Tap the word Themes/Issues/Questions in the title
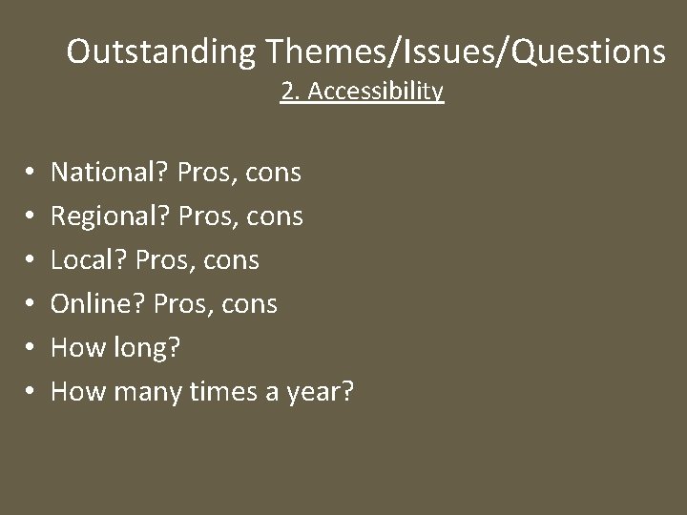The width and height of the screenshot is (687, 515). tap(462, 51)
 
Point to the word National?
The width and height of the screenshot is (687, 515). tap(109, 173)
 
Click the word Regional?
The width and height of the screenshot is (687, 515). tap(111, 216)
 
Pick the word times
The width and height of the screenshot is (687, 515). tap(226, 390)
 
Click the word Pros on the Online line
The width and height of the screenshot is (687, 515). tap(182, 304)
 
